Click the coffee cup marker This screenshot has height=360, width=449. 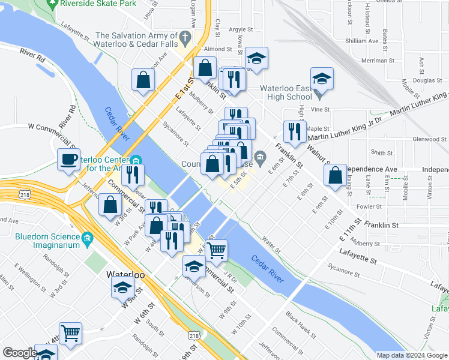pos(68,160)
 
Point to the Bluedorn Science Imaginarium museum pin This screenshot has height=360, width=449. pos(88,239)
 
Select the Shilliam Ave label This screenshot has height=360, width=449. pos(362,41)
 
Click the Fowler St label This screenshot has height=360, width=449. pos(370,207)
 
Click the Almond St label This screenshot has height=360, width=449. pos(218,49)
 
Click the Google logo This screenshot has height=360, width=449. pos(19,353)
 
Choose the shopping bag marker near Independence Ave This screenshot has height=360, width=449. pos(335,176)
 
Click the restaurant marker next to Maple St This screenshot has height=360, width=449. pos(294,132)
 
